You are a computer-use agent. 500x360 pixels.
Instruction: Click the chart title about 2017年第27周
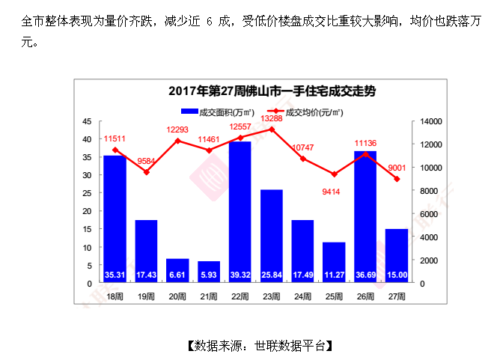point(272,91)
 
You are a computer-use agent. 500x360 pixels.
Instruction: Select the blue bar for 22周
point(240,210)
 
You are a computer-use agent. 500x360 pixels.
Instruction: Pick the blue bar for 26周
point(365,213)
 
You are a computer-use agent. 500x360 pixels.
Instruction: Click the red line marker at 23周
point(271,129)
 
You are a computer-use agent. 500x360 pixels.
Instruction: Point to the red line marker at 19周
point(146,172)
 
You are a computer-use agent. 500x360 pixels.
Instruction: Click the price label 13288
point(271,118)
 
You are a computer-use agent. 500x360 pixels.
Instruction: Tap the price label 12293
point(177,130)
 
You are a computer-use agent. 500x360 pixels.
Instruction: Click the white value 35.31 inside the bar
point(115,275)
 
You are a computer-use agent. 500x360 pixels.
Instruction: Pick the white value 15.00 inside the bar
point(397,275)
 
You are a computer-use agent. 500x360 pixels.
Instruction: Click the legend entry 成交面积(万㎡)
point(217,112)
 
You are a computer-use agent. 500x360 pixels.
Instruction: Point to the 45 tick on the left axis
point(88,121)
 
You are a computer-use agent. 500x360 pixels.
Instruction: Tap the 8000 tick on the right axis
point(430,191)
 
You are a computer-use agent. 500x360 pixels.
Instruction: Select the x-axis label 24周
point(302,296)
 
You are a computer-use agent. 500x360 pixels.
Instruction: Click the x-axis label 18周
point(115,296)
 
